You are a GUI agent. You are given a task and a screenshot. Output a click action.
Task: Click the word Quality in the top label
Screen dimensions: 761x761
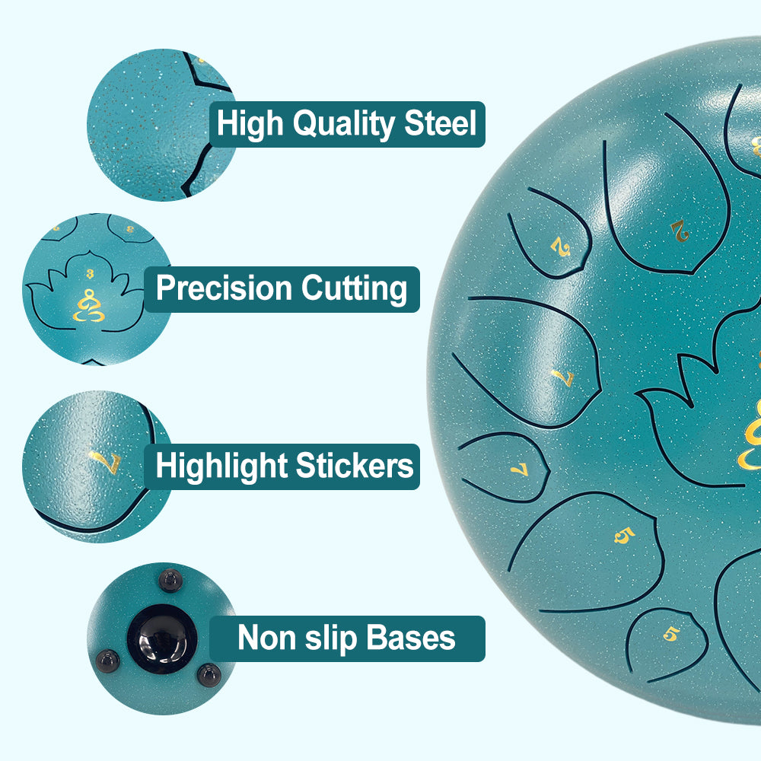click(x=343, y=124)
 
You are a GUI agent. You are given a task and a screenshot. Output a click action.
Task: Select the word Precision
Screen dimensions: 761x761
click(x=224, y=288)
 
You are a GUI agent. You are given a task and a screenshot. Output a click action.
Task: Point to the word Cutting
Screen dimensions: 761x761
click(x=354, y=289)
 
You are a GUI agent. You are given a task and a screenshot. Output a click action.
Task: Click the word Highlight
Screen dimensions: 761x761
click(x=221, y=466)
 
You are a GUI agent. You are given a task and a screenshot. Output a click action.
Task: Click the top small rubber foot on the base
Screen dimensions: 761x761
click(x=171, y=580)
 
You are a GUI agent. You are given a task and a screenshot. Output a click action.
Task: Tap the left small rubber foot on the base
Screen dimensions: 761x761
click(x=107, y=661)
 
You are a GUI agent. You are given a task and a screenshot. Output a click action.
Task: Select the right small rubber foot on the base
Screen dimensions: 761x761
click(x=209, y=674)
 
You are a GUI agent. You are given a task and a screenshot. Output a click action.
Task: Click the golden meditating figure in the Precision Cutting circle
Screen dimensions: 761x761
click(x=89, y=305)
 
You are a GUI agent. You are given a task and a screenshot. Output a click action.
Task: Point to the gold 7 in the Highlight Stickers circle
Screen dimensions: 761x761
click(x=105, y=461)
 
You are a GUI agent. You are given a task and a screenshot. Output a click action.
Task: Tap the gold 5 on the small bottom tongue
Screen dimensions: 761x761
click(x=670, y=633)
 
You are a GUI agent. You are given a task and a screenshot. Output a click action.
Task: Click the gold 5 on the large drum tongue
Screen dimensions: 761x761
click(x=625, y=535)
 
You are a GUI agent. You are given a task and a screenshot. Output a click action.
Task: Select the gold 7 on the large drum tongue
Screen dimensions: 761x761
click(x=563, y=377)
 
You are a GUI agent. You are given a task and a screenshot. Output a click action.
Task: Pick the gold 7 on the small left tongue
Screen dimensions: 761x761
click(x=519, y=469)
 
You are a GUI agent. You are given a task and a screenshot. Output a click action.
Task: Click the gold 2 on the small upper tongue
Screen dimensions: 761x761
click(x=561, y=247)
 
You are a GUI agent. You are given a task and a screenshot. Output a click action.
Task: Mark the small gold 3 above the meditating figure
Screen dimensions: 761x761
click(x=90, y=274)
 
